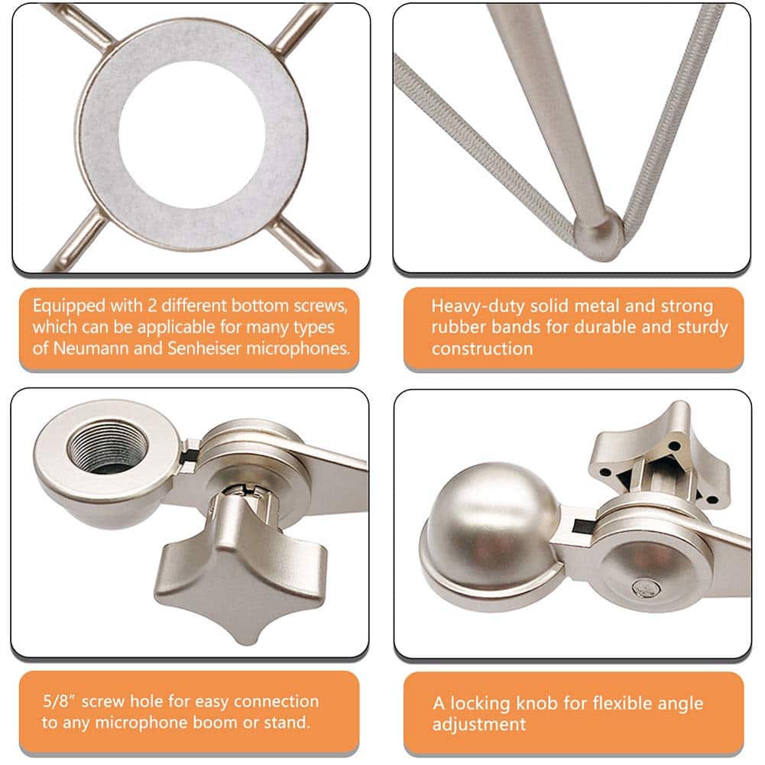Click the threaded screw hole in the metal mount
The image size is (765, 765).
coord(106,450)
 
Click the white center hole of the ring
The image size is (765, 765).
coord(191,135)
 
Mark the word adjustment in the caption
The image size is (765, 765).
coord(479,724)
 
